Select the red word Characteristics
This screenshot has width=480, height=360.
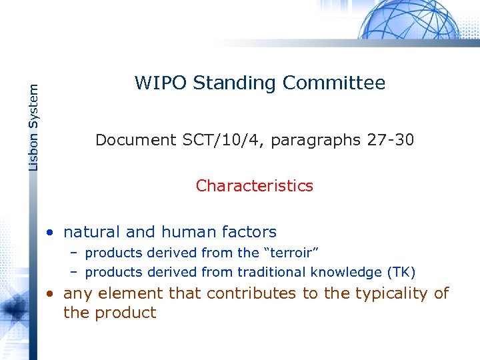pyautogui.click(x=254, y=186)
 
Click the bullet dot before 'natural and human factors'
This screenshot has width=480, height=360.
pyautogui.click(x=50, y=233)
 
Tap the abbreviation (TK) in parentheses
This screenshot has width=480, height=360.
pyautogui.click(x=401, y=272)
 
